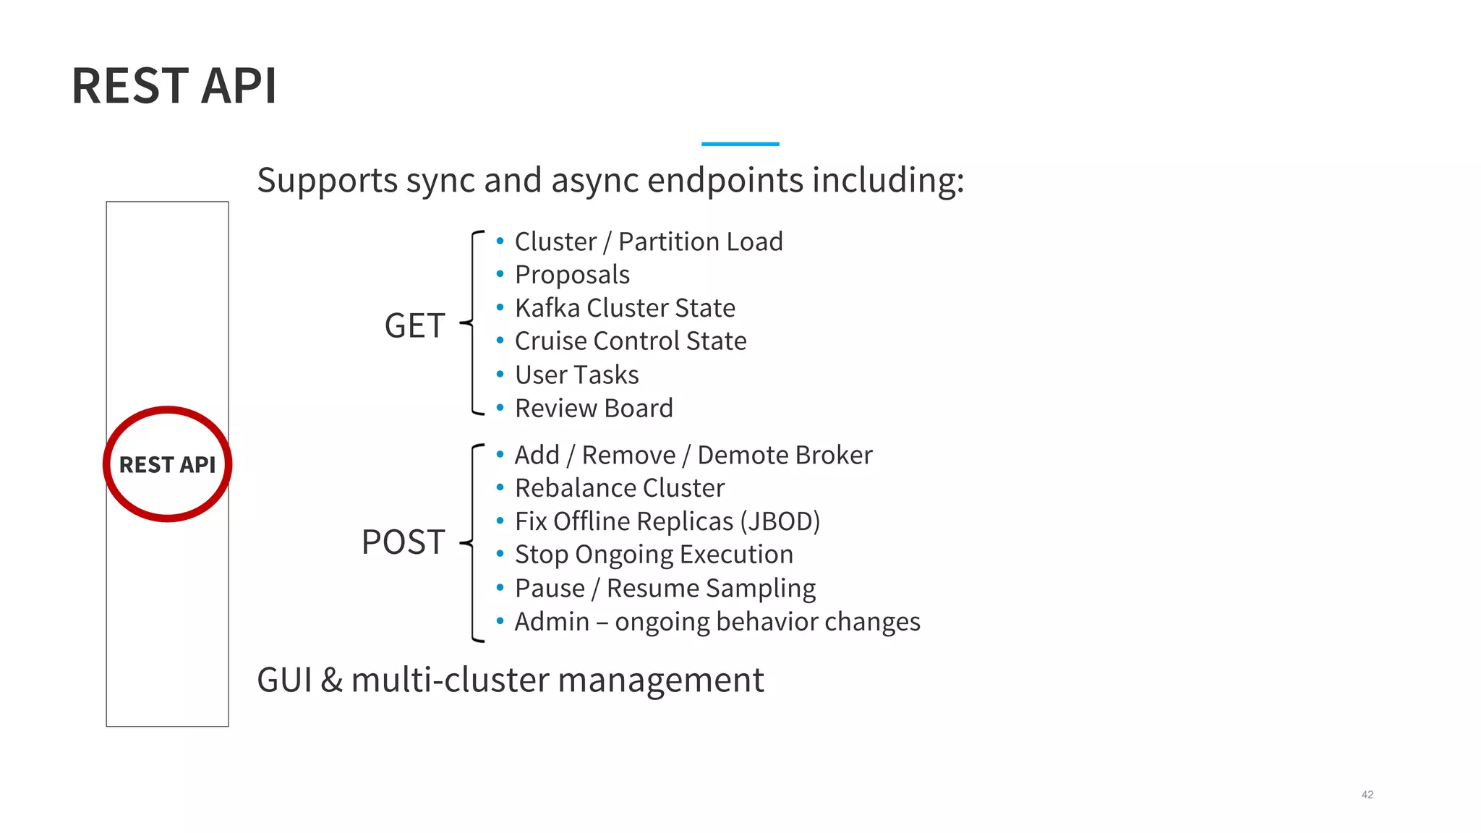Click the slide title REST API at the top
coord(174,86)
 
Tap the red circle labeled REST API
coord(167,464)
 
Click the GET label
coord(414,326)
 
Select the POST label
coord(403,542)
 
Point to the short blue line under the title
coord(740,144)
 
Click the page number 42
coord(1367,795)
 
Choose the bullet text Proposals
coord(572,275)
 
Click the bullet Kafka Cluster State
coord(625,308)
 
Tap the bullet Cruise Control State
coord(631,341)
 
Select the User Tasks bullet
coord(576,375)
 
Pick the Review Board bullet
coord(594,409)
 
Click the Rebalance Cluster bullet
coord(619,488)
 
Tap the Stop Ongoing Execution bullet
coord(654,555)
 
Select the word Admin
coord(552,622)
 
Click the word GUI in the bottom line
coord(285,680)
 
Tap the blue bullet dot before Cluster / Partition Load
coord(500,241)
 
